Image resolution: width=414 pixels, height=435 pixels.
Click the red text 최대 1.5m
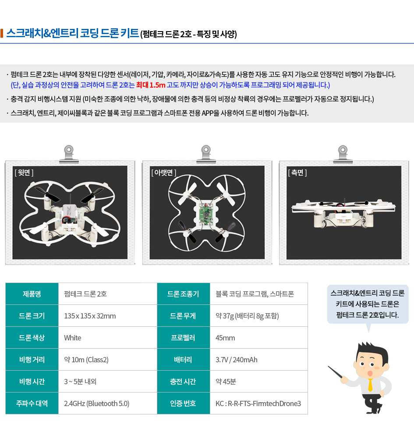pos(151,85)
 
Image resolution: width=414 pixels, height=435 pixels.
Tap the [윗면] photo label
pos(24,173)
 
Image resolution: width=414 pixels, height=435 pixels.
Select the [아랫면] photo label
pos(164,173)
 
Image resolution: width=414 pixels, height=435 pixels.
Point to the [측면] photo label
pos(297,173)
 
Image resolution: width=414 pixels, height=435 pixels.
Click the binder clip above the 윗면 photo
pos(69,154)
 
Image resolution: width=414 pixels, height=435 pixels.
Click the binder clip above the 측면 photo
pos(343,154)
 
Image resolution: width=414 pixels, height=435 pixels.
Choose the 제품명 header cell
pos(32,294)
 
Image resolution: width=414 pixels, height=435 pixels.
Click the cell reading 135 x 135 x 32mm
pos(108,316)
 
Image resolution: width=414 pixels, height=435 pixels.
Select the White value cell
pos(108,338)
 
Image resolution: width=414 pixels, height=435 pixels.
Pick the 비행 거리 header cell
pos(32,360)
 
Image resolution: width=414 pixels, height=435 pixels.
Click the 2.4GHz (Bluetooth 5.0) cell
pos(108,403)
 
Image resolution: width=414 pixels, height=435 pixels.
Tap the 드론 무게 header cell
pos(184,316)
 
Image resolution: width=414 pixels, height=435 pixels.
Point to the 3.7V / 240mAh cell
pos(258,360)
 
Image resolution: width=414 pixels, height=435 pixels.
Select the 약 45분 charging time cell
pos(258,382)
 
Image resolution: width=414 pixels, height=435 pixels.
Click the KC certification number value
pos(258,403)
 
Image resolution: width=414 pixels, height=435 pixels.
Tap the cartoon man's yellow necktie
pos(370,385)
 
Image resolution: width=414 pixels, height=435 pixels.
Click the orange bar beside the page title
pos(2,33)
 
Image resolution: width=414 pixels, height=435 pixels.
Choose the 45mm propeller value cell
pos(258,338)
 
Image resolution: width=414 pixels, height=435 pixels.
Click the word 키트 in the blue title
pos(130,33)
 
